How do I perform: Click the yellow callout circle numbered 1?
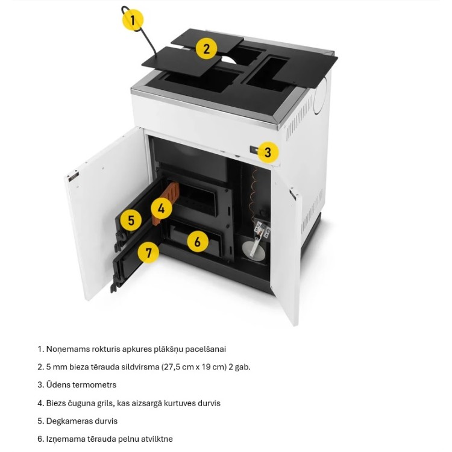133,20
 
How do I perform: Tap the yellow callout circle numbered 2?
206,49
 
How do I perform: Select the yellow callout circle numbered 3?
268,152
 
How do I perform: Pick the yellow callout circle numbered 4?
162,208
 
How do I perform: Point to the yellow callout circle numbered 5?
131,221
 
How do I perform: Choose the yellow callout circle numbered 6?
198,241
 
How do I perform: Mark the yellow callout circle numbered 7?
148,253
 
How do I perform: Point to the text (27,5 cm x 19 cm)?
193,367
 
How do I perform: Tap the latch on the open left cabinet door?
72,177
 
